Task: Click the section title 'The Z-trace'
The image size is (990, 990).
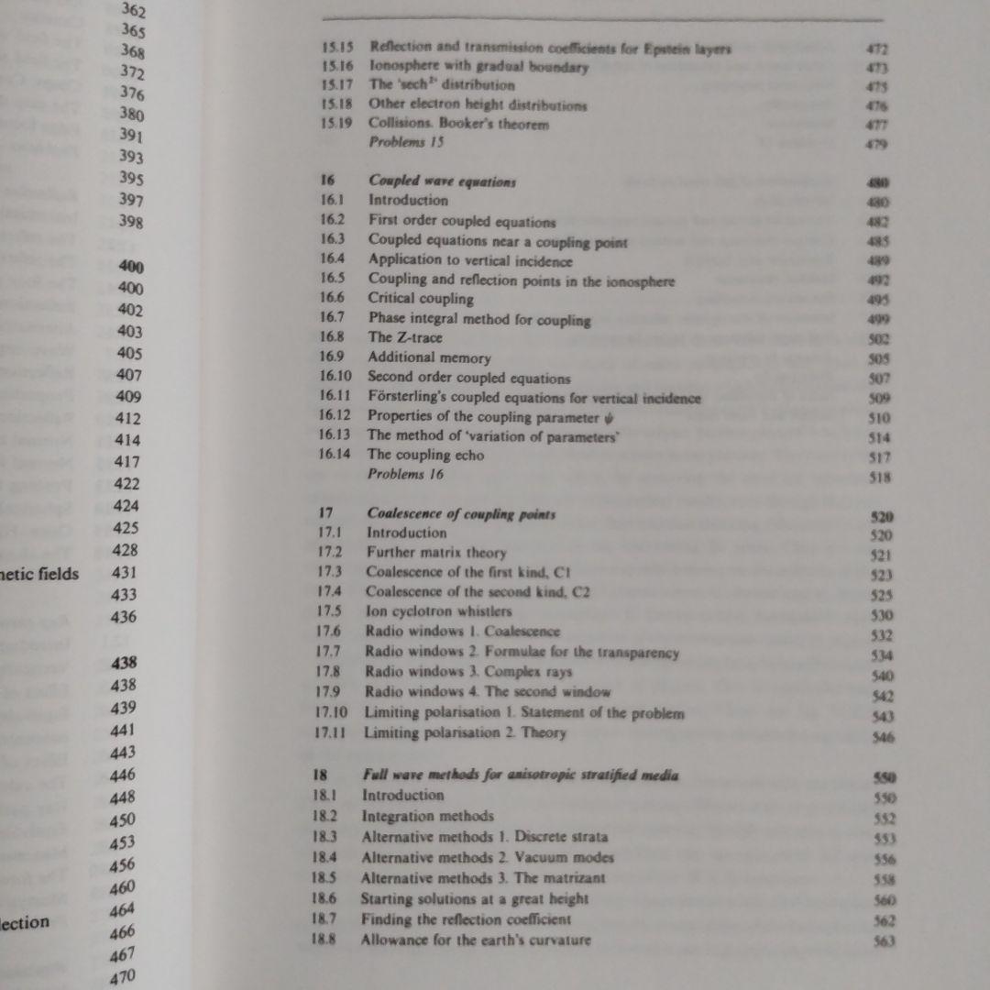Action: coord(405,338)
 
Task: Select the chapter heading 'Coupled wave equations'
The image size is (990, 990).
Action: coord(442,181)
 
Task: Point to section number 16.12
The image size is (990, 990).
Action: coord(335,415)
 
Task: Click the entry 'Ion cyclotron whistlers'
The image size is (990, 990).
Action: coord(438,611)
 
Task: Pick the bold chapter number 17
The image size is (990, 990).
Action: coord(325,513)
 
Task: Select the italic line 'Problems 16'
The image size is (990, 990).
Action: coord(405,474)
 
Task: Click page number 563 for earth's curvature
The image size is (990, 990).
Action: coord(884,940)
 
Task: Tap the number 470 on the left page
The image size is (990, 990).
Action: coord(122,977)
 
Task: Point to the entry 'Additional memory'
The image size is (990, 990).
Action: coord(429,358)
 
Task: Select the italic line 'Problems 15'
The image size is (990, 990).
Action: coord(406,142)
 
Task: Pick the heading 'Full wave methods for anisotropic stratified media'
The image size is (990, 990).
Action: coord(521,775)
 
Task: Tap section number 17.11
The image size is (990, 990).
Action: coord(332,732)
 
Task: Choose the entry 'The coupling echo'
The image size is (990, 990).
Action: coord(425,455)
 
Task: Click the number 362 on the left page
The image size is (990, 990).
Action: coord(134,11)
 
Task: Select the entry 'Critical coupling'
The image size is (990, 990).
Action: coord(421,298)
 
